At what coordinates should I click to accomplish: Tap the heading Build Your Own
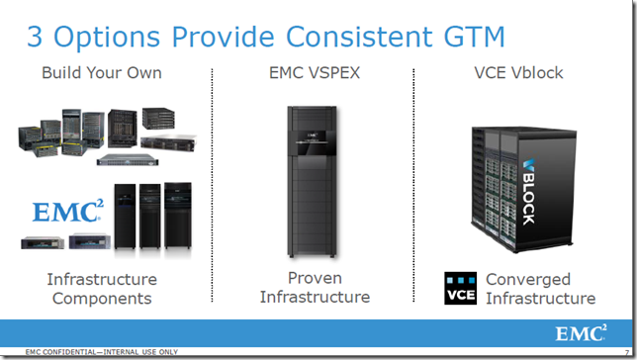[x=102, y=73]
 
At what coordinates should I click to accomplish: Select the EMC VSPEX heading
[x=315, y=73]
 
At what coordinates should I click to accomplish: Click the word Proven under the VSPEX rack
[x=315, y=278]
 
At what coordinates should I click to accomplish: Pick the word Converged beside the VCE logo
[x=542, y=279]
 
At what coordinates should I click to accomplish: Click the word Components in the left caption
[x=102, y=298]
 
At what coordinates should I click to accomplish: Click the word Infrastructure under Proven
[x=315, y=297]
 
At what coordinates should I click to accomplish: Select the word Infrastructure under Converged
[x=542, y=298]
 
